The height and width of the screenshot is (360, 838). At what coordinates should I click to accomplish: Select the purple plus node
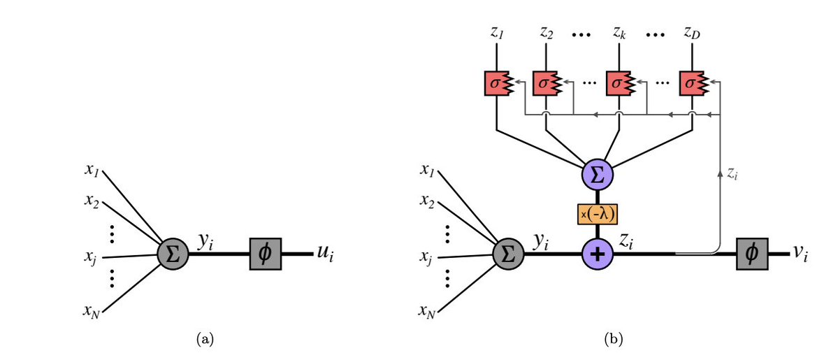(598, 254)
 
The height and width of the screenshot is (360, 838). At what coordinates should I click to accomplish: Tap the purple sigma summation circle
(598, 175)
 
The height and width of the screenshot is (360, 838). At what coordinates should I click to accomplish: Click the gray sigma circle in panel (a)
(173, 254)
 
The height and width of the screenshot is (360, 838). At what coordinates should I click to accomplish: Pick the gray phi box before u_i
(266, 254)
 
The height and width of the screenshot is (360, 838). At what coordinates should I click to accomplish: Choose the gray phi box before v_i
(752, 254)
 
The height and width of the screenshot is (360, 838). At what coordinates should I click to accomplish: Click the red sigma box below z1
(498, 83)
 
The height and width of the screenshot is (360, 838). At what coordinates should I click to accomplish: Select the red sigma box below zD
(692, 83)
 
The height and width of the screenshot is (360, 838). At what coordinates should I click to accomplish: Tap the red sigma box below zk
(619, 83)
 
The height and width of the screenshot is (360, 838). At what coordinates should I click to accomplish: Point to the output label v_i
(800, 254)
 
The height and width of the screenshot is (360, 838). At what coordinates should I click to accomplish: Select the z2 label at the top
(546, 33)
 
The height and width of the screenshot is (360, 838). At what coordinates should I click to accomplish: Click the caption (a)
(205, 338)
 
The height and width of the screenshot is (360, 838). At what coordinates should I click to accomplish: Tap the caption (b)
(613, 338)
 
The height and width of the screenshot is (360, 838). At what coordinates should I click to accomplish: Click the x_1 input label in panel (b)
(426, 170)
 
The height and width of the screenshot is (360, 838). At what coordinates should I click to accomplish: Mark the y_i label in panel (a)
(205, 243)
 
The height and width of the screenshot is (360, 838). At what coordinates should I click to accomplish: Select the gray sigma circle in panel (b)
(509, 254)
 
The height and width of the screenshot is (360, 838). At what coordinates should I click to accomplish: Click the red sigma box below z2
(546, 83)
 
